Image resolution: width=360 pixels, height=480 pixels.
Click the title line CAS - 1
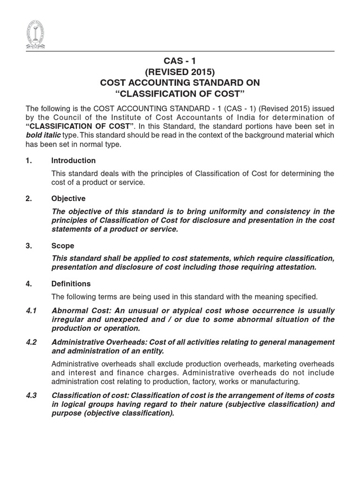click(180, 62)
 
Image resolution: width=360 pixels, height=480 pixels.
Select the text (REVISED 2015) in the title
click(180, 72)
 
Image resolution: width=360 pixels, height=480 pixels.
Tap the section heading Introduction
click(73, 160)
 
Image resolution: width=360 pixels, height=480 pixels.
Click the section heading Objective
click(68, 198)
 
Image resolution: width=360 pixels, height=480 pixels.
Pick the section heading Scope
click(63, 246)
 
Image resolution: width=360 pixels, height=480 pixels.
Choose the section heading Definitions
click(71, 284)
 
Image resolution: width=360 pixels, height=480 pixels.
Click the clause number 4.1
click(31, 310)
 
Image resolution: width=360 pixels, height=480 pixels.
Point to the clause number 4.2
click(31, 342)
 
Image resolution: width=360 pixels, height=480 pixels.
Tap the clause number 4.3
click(31, 395)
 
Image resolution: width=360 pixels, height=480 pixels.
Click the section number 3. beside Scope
click(29, 246)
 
